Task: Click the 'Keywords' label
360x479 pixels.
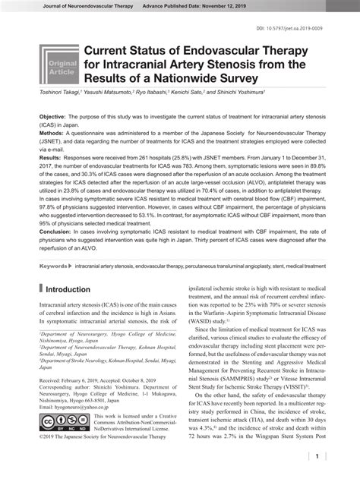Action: coord(53,266)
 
